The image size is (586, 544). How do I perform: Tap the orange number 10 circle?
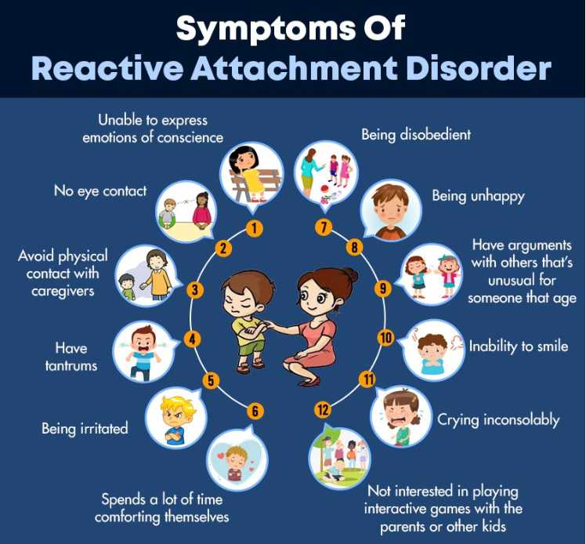[x=385, y=338]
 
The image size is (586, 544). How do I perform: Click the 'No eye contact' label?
[x=99, y=190]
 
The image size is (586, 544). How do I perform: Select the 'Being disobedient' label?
[x=415, y=135]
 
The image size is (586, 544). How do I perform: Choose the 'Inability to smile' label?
[x=518, y=345]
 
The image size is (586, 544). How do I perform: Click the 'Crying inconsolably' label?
[x=498, y=419]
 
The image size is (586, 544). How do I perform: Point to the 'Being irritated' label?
[x=85, y=429]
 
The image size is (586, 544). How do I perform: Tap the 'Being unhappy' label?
[x=478, y=195]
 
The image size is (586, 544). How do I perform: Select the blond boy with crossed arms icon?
[x=177, y=416]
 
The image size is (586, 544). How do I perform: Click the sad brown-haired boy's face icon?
[x=390, y=209]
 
